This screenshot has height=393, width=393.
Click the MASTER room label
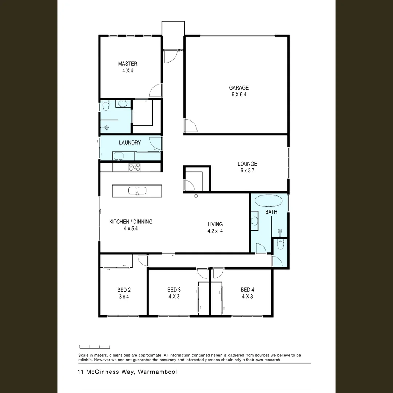tap(128, 64)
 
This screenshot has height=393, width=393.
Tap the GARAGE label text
tap(239, 88)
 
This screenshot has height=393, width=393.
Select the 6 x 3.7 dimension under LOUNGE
tap(247, 170)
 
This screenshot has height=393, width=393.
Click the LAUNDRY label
tap(130, 143)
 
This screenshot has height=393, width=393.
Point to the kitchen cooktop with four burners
tap(134, 167)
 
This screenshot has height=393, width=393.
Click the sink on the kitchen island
tap(137, 191)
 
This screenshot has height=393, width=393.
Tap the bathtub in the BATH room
tap(269, 201)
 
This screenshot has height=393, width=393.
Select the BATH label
tap(271, 212)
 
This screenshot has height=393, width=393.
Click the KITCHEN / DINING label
tap(131, 222)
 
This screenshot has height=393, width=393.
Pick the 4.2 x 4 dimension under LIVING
tap(215, 231)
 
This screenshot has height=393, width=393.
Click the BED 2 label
tap(124, 290)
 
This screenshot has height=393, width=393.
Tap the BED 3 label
tap(174, 290)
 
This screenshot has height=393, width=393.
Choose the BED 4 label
tap(247, 290)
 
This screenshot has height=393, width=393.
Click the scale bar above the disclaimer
tap(95, 347)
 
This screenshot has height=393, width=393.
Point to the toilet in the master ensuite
tap(106, 106)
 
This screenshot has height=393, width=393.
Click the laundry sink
tap(118, 156)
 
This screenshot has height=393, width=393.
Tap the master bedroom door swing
tap(156, 91)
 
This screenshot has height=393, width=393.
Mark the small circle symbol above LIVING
tap(196, 196)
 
